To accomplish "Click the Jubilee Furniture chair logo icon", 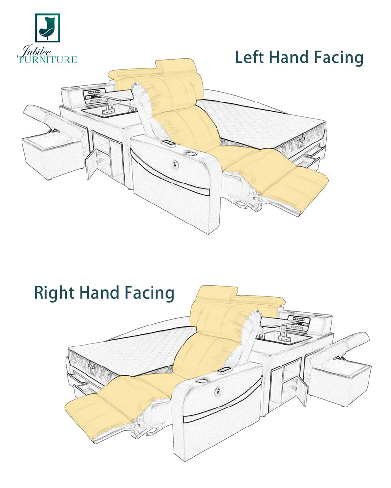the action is (x=47, y=28).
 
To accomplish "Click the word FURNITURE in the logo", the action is (x=47, y=60).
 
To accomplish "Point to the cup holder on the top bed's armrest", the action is (x=189, y=153).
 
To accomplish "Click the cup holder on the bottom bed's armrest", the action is (x=201, y=380).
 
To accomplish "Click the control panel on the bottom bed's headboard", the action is (x=298, y=322).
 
